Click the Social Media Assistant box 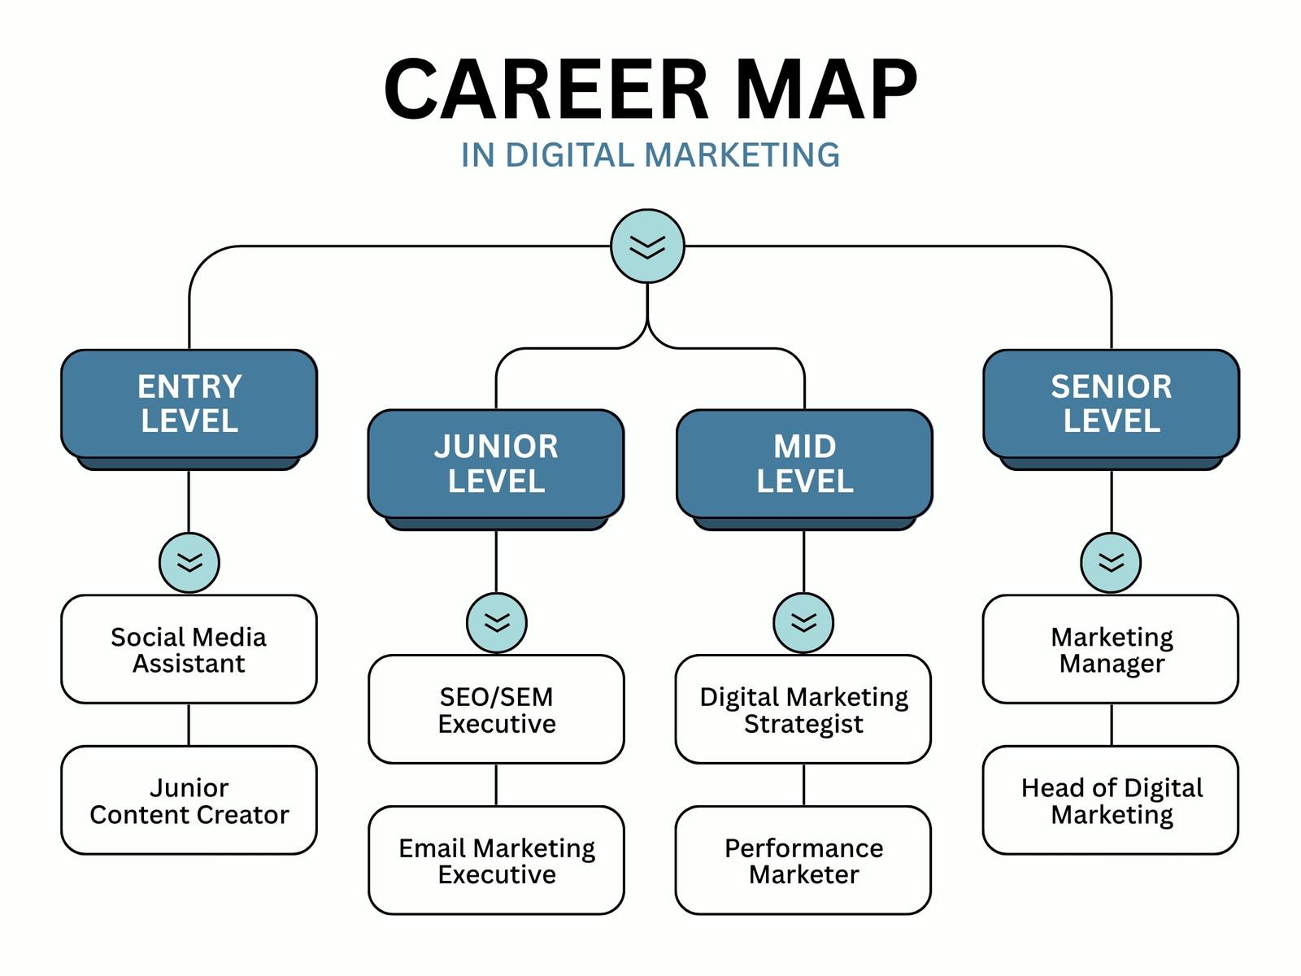coord(189,650)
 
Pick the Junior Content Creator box coord(189,800)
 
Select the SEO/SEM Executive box coord(496,709)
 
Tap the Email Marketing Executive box coord(496,861)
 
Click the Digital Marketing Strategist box coord(803,709)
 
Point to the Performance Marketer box coord(803,861)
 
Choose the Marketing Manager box coord(1111,650)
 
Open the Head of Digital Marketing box coord(1111,800)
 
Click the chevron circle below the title coord(647,246)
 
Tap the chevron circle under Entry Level coord(189,562)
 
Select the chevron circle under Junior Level coord(497,622)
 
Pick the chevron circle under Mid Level coord(803,622)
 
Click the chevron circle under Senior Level coord(1111,562)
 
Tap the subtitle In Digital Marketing coord(650,155)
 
